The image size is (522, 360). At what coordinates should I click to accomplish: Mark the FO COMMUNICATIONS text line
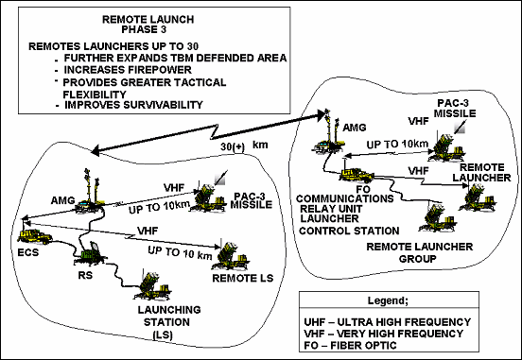click(362, 199)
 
